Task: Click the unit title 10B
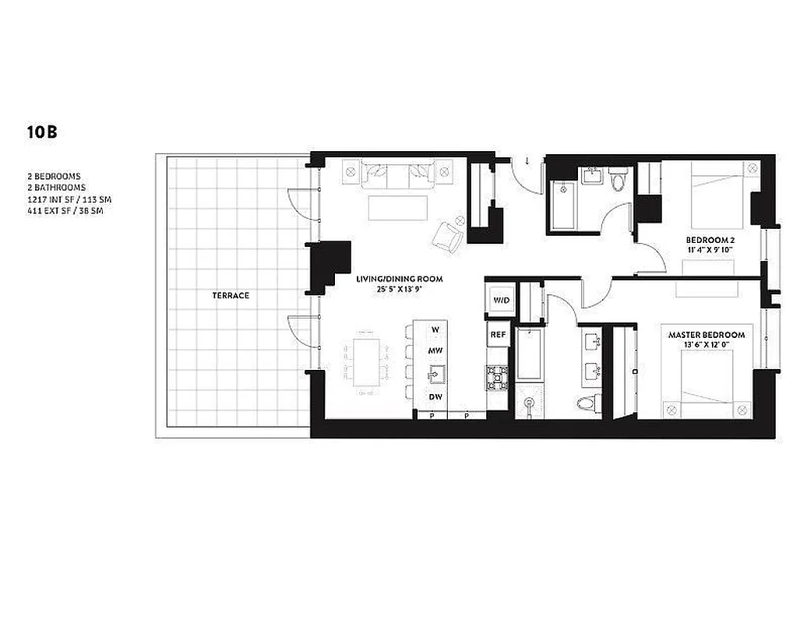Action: point(41,132)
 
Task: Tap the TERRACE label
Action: point(231,295)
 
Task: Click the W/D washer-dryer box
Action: point(499,300)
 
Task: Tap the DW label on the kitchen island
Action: point(435,397)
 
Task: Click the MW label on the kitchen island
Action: point(435,351)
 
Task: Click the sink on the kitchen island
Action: point(434,375)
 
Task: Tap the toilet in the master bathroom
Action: point(587,403)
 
